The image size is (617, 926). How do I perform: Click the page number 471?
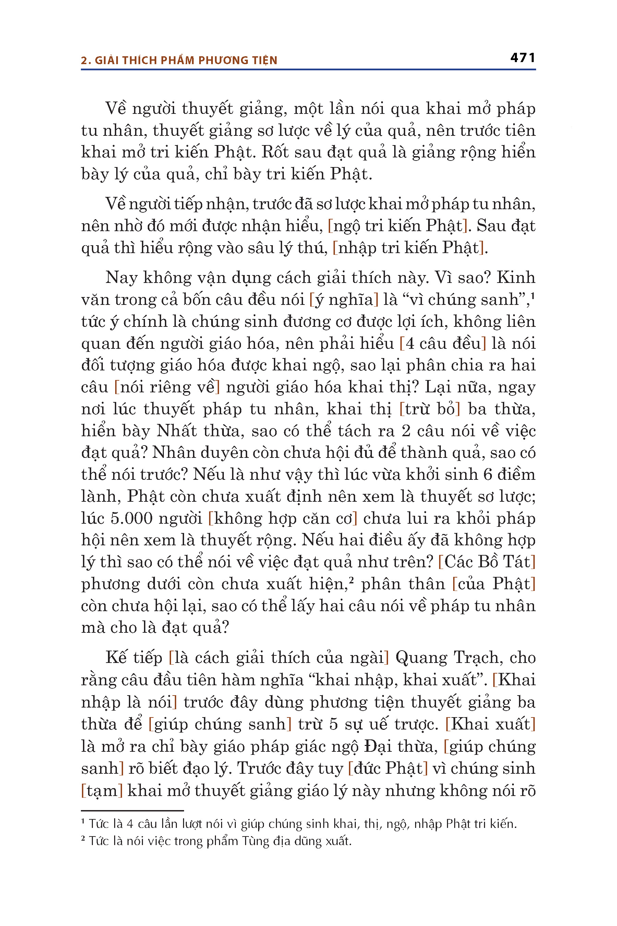(x=522, y=58)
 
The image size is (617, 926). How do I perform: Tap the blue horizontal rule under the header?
(x=308, y=70)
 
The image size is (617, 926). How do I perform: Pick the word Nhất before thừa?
(x=176, y=431)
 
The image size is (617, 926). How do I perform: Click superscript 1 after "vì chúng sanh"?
(x=533, y=295)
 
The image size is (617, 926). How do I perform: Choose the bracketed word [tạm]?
(x=102, y=791)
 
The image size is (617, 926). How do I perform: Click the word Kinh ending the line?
(x=516, y=277)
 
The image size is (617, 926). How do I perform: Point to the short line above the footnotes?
(x=132, y=811)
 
